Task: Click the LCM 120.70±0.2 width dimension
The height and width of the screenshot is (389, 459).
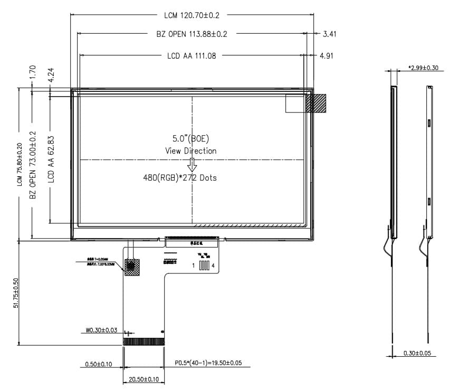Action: coord(192,15)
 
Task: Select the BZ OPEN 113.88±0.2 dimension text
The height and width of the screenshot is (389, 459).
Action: coord(192,34)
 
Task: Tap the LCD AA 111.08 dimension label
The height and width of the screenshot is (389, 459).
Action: coord(192,55)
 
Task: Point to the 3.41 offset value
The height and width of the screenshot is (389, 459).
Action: coord(329,34)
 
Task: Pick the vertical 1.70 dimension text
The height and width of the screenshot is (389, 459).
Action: coord(32,72)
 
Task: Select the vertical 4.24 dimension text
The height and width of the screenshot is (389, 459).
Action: coord(51,74)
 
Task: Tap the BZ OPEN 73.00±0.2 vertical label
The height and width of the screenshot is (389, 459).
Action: coord(33,165)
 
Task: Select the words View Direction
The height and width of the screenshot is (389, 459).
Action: coord(190,151)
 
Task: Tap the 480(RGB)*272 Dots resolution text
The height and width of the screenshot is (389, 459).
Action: coord(180,178)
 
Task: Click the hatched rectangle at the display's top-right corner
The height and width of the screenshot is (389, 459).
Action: coord(315,103)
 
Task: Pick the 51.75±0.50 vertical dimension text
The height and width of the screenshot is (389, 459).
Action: coord(17,293)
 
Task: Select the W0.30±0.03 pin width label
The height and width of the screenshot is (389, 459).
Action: coord(101,330)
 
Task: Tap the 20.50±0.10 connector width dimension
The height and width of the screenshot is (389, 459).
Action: coord(144,379)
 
